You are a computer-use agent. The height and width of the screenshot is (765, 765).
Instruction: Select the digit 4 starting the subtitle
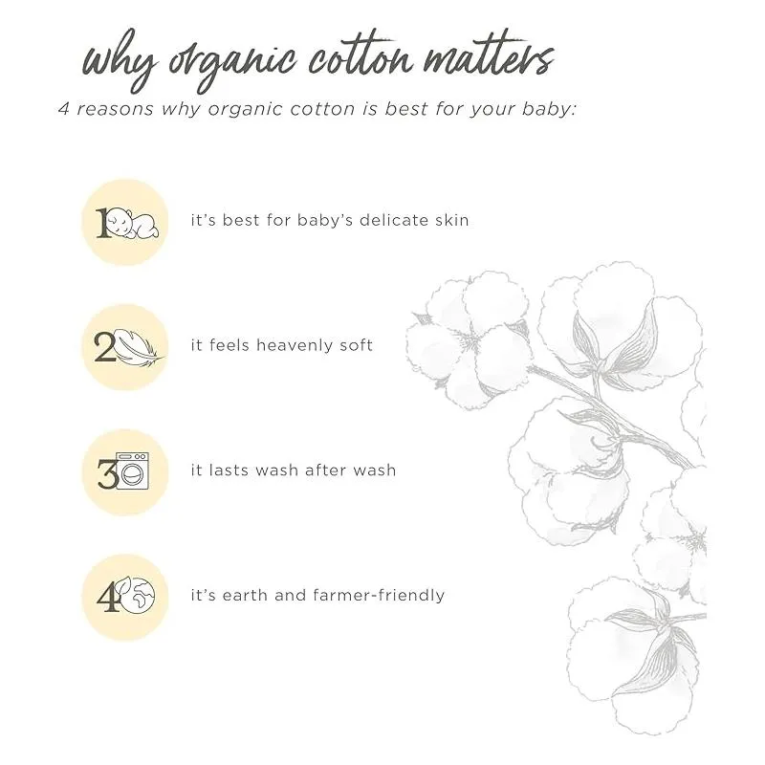coord(64,109)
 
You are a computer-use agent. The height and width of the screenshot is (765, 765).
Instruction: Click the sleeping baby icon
coord(133,223)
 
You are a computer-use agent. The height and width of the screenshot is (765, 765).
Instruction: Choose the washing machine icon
coord(132,470)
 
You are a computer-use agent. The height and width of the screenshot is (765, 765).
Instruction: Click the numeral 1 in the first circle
coord(101,224)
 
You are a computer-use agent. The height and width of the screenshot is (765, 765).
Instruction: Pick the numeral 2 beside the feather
coord(104,347)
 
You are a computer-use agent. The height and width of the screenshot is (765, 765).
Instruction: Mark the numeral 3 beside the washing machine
coord(107,473)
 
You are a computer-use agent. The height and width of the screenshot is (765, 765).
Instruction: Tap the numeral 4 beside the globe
coord(107,597)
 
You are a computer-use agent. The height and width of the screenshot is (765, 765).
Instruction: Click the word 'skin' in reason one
coord(451,220)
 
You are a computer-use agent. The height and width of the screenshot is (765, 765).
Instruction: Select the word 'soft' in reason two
coord(358,345)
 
